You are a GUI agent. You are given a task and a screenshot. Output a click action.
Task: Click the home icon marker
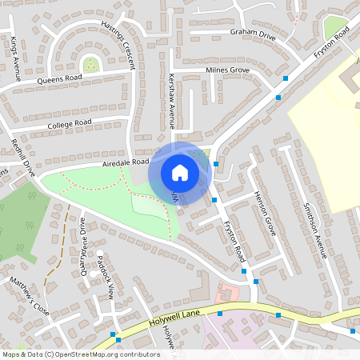pyautogui.click(x=180, y=172)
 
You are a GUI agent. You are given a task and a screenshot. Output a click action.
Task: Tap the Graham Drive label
pyautogui.click(x=252, y=34)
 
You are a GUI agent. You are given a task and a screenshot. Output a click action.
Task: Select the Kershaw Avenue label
pyautogui.click(x=171, y=103)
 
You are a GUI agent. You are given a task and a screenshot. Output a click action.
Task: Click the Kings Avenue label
pyautogui.click(x=14, y=58)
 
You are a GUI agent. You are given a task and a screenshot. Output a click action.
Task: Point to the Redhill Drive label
pyautogui.click(x=22, y=158)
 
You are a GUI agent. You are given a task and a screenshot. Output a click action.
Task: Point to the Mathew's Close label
pyautogui.click(x=30, y=296)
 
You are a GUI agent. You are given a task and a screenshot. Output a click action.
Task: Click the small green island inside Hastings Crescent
pyautogui.click(x=91, y=65)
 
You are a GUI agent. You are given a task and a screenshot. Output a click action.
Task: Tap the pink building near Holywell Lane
pyautogui.click(x=229, y=291)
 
